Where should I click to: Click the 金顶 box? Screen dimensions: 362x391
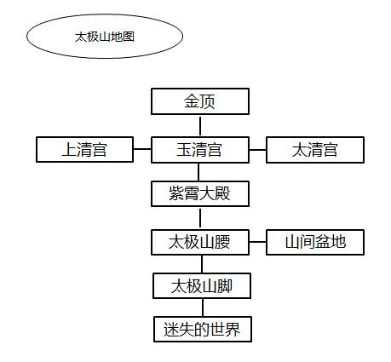(x=201, y=102)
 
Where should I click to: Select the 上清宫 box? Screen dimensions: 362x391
(x=84, y=150)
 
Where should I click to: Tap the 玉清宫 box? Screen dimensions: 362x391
(x=201, y=150)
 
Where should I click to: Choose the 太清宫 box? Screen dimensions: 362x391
(x=315, y=150)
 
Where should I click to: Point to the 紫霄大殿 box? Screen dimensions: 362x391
(x=201, y=194)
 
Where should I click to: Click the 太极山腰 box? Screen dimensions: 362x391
(x=201, y=242)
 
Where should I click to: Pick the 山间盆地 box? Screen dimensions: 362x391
(x=315, y=242)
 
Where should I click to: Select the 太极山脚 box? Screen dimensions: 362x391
(x=201, y=286)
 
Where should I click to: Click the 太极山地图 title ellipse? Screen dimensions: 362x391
(x=105, y=37)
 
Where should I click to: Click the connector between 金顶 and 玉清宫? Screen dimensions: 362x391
(x=201, y=126)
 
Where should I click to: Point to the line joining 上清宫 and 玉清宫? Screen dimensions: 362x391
(x=142, y=150)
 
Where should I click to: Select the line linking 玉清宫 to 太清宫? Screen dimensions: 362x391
(x=258, y=150)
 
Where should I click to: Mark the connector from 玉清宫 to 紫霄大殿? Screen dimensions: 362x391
(x=201, y=172)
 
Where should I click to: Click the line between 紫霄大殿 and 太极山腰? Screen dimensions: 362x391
(x=201, y=218)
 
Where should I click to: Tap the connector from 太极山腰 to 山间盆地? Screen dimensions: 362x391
(x=258, y=242)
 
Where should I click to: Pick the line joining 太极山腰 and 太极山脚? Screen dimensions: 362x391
(x=201, y=264)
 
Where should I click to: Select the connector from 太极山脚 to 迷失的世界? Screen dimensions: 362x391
(x=201, y=307)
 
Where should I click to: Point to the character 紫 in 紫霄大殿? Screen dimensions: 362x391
(x=175, y=194)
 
